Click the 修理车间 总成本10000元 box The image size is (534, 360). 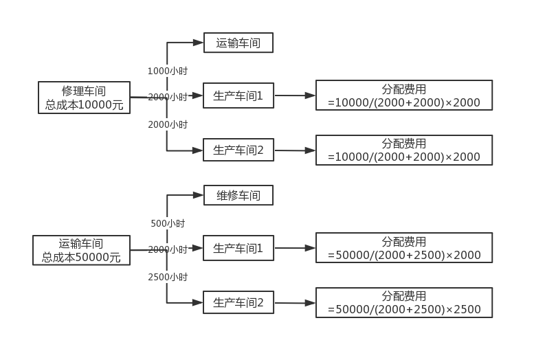(85, 98)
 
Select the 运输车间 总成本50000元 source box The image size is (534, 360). (81, 250)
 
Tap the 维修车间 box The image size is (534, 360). (238, 195)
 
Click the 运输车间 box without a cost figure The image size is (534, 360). (238, 43)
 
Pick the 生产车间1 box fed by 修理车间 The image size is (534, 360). (238, 96)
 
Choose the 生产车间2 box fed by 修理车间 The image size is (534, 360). (238, 150)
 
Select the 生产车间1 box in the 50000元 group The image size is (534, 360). (238, 249)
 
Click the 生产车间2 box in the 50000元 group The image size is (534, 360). (238, 302)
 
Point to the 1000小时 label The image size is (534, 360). (168, 71)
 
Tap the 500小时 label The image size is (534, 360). (168, 223)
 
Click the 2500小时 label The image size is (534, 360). (168, 277)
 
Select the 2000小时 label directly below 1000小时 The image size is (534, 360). (168, 97)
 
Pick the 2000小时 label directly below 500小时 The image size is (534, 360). (168, 249)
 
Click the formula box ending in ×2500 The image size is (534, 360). (404, 302)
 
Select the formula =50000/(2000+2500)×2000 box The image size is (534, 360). (404, 247)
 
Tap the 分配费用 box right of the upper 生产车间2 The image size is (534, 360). (404, 150)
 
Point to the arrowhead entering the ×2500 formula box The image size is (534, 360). (311, 302)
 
